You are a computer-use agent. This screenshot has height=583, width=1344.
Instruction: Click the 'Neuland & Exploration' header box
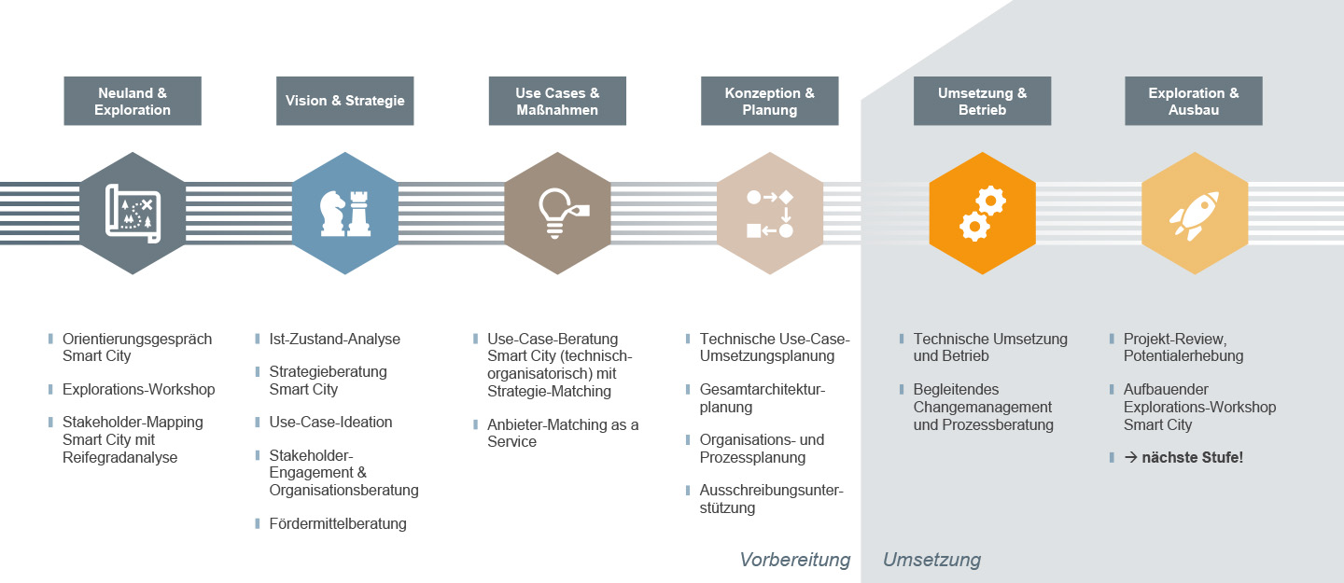(133, 101)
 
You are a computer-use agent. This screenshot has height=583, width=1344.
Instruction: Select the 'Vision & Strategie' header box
(345, 101)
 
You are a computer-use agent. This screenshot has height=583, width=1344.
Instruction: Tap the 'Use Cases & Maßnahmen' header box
(557, 101)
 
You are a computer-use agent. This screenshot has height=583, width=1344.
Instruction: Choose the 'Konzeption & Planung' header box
(770, 101)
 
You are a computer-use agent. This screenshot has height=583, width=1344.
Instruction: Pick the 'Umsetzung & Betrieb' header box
(982, 101)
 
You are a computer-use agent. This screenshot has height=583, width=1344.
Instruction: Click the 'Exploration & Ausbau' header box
(1194, 101)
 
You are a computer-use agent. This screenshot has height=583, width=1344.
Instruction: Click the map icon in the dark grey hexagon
(133, 214)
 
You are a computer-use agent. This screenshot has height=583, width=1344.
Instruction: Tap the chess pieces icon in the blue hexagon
(344, 214)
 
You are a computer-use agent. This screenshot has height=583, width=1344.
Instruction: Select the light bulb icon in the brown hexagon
(557, 214)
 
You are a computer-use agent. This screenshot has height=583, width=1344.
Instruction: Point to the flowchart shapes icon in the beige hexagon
(770, 214)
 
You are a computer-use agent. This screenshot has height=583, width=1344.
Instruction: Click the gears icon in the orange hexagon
(982, 214)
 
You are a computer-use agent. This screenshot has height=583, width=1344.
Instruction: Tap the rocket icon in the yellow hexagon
(1194, 214)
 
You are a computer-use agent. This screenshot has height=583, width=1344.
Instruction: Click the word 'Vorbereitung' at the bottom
(795, 560)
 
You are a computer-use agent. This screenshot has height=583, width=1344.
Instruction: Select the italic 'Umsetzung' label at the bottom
(931, 560)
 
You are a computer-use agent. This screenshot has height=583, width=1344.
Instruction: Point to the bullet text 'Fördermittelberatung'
(338, 523)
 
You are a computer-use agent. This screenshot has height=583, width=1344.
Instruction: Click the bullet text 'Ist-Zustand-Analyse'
(334, 340)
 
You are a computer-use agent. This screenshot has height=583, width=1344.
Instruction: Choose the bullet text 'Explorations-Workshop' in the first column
(138, 389)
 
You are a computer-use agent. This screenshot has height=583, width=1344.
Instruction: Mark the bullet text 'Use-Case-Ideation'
(330, 422)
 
